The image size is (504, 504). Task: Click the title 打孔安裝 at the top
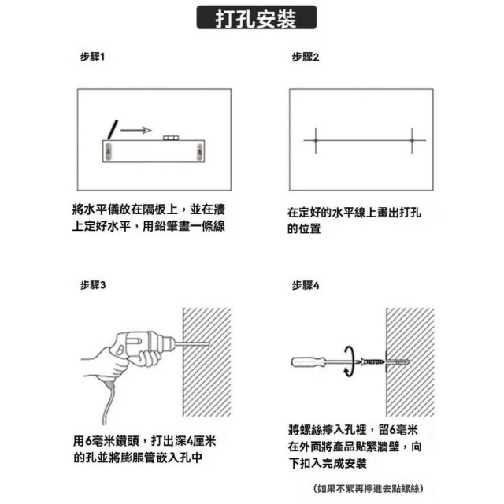[x=256, y=19]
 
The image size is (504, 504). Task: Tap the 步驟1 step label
[x=93, y=57]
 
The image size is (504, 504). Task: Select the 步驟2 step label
[x=306, y=57]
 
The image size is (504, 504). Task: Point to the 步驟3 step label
[x=93, y=285]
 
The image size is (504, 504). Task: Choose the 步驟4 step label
[x=306, y=285]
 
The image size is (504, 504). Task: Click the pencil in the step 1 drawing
[x=113, y=129]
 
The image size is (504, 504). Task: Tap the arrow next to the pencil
[x=136, y=130]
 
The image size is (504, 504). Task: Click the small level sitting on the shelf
[x=171, y=138]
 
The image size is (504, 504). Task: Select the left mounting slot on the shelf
[x=109, y=151]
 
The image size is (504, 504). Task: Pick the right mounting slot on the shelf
[x=199, y=151]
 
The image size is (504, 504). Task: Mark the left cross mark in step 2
[x=316, y=140]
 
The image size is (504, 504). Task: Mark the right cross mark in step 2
[x=412, y=140]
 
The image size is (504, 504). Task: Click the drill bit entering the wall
[x=192, y=343]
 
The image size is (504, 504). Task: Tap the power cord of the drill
[x=109, y=402]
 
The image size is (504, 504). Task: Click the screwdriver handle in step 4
[x=308, y=362]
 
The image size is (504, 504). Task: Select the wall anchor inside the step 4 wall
[x=397, y=362]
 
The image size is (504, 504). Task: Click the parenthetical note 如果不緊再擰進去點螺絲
[x=369, y=488]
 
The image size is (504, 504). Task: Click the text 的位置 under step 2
[x=304, y=228]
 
